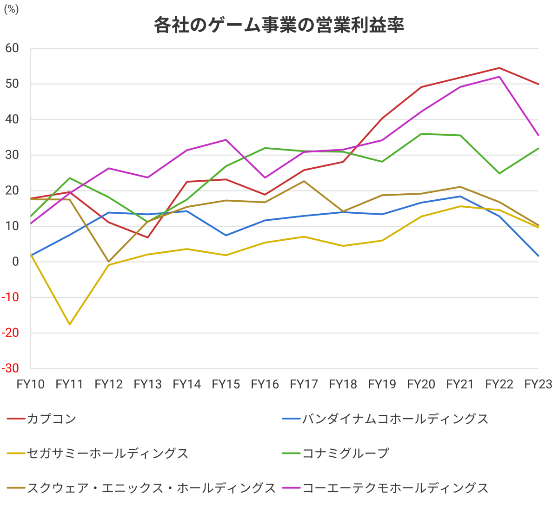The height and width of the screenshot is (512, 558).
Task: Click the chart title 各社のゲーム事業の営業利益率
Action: point(279,25)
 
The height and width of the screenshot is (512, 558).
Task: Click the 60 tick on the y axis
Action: point(12,48)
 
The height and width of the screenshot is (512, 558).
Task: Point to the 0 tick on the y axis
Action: point(16,262)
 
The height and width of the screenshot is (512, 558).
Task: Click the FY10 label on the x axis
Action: point(31,384)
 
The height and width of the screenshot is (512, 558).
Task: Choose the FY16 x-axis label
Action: point(265,384)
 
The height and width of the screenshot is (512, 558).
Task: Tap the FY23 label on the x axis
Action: point(538,384)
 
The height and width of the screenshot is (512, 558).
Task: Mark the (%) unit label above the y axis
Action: point(11,9)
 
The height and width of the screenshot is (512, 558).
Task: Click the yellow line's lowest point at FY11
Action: point(70,324)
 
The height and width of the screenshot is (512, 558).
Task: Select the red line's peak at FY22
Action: point(499,68)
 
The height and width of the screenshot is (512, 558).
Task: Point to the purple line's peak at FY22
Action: point(499,77)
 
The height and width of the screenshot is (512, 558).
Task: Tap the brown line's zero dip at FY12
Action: point(108,262)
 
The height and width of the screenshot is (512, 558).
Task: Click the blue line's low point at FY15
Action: point(226,236)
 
